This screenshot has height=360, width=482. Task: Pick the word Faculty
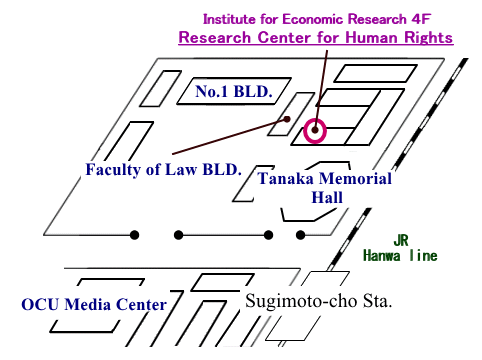coord(115,169)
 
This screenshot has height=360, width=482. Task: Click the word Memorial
coord(354,179)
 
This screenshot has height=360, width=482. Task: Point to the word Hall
coord(326,197)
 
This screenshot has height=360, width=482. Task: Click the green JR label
coord(398,239)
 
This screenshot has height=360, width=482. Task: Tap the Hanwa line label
coord(401,255)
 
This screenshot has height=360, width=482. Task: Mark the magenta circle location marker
coord(316,129)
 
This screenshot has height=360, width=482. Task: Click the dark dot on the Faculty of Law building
coord(287,119)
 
